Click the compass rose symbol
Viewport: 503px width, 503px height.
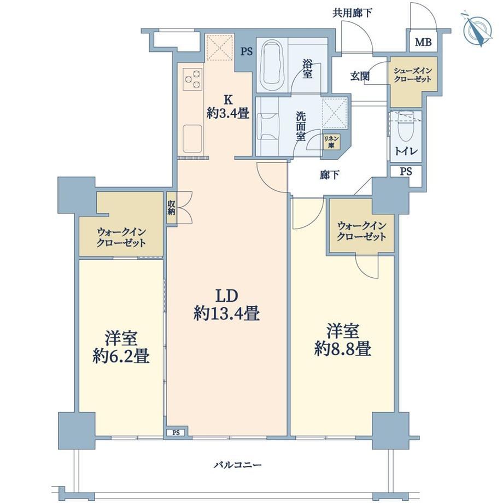coord(477,28)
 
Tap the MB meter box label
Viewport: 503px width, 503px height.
coord(423,42)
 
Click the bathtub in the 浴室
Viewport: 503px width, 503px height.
coord(273,66)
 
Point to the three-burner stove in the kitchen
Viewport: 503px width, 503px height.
coord(193,79)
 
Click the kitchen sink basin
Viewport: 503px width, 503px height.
coord(192,138)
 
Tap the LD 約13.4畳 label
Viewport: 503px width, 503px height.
coord(227,305)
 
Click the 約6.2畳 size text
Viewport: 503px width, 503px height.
coord(121,356)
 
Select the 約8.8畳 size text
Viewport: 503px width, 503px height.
coord(343,349)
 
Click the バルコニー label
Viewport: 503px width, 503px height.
coord(238,465)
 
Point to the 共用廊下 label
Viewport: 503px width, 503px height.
coord(352,13)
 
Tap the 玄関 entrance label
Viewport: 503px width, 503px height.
coord(360,77)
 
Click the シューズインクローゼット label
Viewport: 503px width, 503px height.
coord(413,75)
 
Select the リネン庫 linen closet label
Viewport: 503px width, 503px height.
coord(331,142)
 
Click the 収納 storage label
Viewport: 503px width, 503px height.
coord(171,208)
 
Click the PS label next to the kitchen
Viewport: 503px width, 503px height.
coord(247,51)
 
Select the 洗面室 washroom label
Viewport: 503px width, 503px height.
coord(301,126)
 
